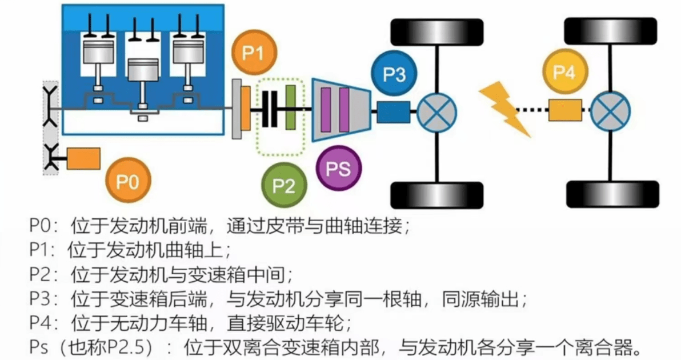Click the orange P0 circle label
(128, 182)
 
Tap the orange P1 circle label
(254, 53)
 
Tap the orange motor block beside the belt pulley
(83, 158)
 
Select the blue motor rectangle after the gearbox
(393, 111)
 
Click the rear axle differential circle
(610, 110)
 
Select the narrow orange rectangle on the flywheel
(246, 109)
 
